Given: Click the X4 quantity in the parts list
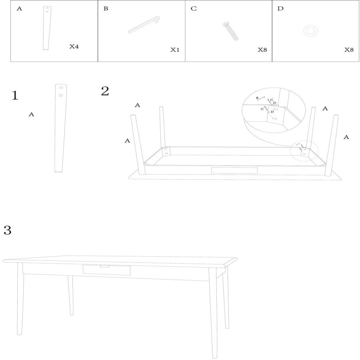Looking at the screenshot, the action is [74, 47].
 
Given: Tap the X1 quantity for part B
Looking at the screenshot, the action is [175, 50].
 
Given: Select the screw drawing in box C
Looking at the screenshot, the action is [230, 31].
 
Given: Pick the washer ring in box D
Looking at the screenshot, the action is [310, 31].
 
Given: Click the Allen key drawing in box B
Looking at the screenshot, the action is [144, 25].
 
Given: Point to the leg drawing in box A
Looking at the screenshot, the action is [47, 28].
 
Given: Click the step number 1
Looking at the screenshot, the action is [15, 96].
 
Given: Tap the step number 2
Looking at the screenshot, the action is [105, 91].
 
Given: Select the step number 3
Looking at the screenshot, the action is [7, 230].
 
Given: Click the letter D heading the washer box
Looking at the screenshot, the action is [280, 9].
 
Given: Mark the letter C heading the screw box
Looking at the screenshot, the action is [194, 9].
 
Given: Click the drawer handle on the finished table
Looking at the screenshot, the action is [105, 266].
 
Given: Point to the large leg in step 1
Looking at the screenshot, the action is [60, 128].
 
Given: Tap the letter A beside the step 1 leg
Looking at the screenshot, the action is [31, 114].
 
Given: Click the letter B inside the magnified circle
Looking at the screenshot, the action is [257, 98].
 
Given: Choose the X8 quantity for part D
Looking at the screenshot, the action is [349, 50].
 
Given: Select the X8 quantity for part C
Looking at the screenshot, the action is [262, 50].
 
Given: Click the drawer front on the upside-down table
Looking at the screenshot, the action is [234, 170].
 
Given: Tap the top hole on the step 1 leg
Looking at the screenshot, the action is [61, 88].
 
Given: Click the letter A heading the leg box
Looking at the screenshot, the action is [20, 9].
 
